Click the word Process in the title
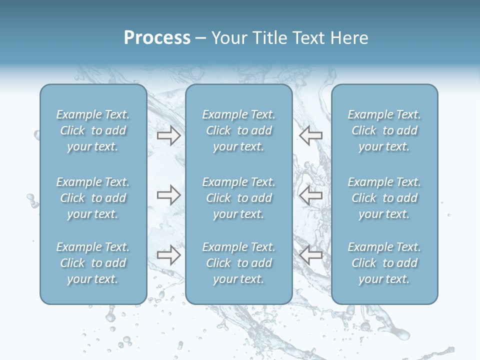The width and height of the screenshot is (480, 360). pyautogui.click(x=157, y=38)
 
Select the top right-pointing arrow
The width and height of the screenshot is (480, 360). pyautogui.click(x=168, y=135)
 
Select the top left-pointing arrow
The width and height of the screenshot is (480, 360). pyautogui.click(x=310, y=135)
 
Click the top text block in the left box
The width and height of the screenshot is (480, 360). pyautogui.click(x=93, y=130)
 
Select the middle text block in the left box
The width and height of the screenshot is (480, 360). pyautogui.click(x=93, y=198)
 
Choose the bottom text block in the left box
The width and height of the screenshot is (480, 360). pyautogui.click(x=93, y=263)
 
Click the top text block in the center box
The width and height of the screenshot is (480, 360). pyautogui.click(x=239, y=130)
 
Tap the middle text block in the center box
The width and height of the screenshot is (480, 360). pyautogui.click(x=239, y=198)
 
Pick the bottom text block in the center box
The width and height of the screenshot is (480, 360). pyautogui.click(x=239, y=263)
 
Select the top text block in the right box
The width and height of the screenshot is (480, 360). pyautogui.click(x=384, y=130)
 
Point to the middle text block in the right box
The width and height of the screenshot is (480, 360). pyautogui.click(x=384, y=198)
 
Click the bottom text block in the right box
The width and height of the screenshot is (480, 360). pyautogui.click(x=384, y=263)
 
